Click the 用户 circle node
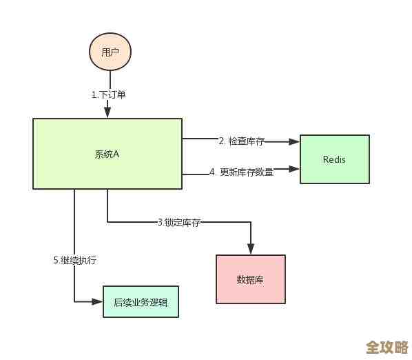pyautogui.click(x=110, y=52)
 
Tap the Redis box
pyautogui.click(x=334, y=159)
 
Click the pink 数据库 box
pyautogui.click(x=250, y=279)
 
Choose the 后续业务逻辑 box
pyautogui.click(x=141, y=301)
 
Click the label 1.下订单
pyautogui.click(x=109, y=94)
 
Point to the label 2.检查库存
pyautogui.click(x=241, y=141)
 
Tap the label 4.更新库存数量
pyautogui.click(x=241, y=172)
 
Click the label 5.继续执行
pyautogui.click(x=74, y=260)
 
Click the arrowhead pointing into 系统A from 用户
pyautogui.click(x=107, y=113)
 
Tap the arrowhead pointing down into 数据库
pyautogui.click(x=250, y=249)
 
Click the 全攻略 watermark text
pyautogui.click(x=386, y=345)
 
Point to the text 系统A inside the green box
pyautogui.click(x=107, y=154)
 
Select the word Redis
pyautogui.click(x=334, y=159)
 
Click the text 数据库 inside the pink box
pyautogui.click(x=250, y=279)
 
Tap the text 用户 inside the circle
pyautogui.click(x=110, y=52)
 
